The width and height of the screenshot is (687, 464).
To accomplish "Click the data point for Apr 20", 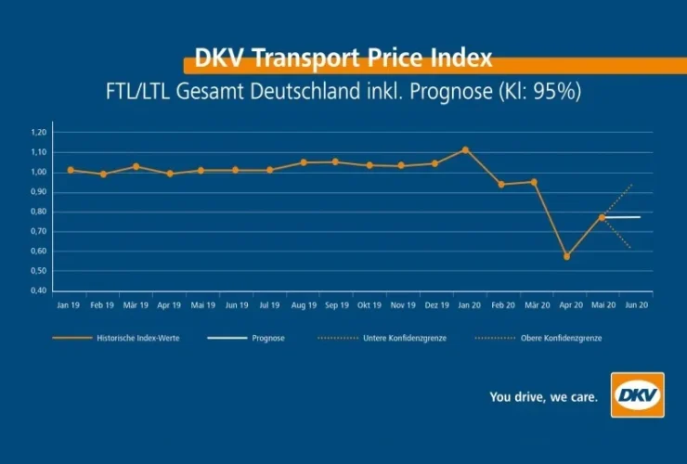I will coord(566,256).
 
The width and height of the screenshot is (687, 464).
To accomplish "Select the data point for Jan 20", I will coord(465,149).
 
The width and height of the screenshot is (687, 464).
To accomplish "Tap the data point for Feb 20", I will coord(501,184).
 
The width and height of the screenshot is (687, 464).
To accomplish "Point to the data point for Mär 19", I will coord(136,166).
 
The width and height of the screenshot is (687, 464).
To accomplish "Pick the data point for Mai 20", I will coord(602,217).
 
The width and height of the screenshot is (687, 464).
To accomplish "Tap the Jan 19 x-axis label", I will coord(68,304).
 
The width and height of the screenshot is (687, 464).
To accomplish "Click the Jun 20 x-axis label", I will coord(637,304).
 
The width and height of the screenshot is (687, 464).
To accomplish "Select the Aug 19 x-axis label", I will coord(303,304).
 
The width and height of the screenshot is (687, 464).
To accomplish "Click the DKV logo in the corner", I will coord(638,395).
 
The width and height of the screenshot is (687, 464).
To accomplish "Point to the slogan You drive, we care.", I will coord(544,397).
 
